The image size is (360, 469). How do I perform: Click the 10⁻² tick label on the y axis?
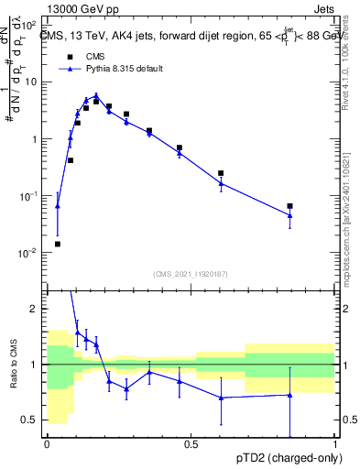(x=27, y=253)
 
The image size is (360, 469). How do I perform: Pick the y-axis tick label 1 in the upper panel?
(x=34, y=139)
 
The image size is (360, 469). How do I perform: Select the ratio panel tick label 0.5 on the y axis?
(x=31, y=420)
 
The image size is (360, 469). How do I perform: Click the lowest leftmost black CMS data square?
(x=58, y=244)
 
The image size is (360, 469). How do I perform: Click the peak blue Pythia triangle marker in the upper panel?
(x=96, y=95)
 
